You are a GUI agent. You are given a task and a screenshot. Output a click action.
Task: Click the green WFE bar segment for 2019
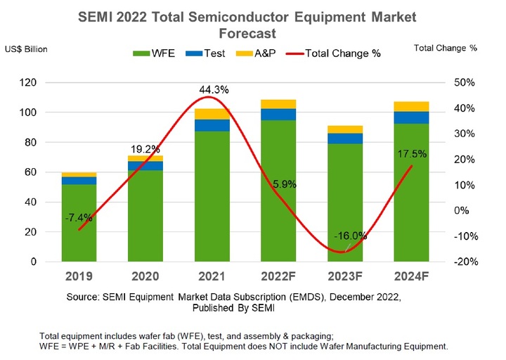tap(79, 232)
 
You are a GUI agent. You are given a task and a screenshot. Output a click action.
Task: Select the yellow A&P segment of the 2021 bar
tap(212, 114)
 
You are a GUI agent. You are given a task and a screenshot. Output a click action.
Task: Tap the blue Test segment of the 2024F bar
tap(411, 117)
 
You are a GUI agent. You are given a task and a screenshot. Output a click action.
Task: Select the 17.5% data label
tap(411, 154)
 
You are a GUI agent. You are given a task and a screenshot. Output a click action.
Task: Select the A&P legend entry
tap(261, 53)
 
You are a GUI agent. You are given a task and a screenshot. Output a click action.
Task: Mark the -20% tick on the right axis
tap(466, 262)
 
